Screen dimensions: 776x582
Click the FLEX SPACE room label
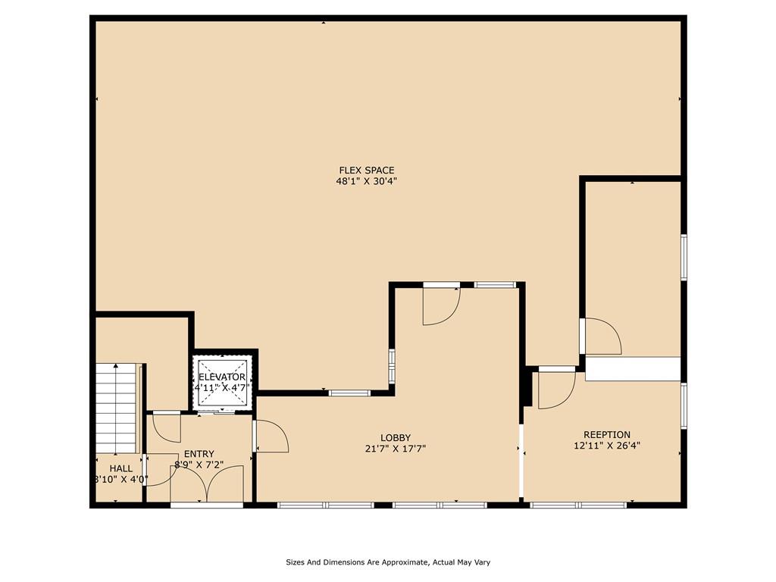[x=366, y=171]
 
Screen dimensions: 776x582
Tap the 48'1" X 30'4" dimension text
[x=366, y=181]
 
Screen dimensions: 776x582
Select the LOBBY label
[x=396, y=438]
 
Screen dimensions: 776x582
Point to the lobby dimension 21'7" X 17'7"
[x=396, y=449]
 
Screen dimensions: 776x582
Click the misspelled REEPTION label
[x=607, y=435]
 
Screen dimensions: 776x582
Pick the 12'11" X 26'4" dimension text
[x=607, y=446]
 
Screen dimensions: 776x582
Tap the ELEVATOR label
[x=222, y=377]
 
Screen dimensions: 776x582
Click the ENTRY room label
[x=199, y=454]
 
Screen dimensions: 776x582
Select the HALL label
[x=120, y=468]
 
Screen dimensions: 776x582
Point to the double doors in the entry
[x=207, y=483]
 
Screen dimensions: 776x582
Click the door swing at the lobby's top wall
[x=441, y=306]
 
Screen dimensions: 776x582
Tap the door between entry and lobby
[x=271, y=436]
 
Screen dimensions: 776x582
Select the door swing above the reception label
[x=557, y=390]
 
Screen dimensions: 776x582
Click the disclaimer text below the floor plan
[x=388, y=562]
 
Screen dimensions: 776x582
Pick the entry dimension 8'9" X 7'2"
[x=199, y=465]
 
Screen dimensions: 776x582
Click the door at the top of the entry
[x=167, y=427]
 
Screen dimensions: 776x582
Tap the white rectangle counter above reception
[x=633, y=369]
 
